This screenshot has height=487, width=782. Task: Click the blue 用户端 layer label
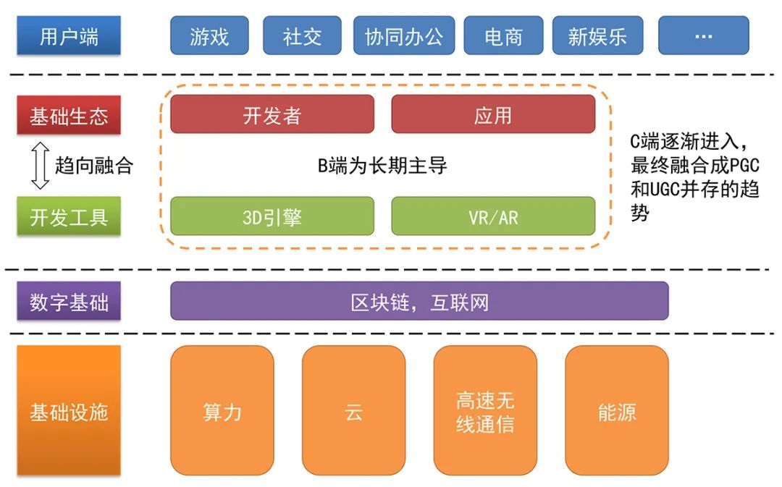coord(69,36)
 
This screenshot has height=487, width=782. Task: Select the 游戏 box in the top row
coord(209,36)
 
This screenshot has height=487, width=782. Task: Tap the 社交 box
coord(302,36)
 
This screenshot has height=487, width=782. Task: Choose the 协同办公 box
coord(403,36)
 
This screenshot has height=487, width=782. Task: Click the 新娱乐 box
coord(597,36)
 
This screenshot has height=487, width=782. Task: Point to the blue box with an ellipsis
coord(703,36)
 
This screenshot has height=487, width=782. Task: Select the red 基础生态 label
coord(69,116)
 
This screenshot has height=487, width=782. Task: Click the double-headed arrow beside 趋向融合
coord(41,166)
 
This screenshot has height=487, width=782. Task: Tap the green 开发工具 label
coord(69,216)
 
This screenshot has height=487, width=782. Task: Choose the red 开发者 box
coord(272,114)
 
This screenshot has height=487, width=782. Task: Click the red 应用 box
coord(493,114)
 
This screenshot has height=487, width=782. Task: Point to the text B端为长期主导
coord(383,166)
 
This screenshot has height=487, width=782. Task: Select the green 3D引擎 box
coord(272,216)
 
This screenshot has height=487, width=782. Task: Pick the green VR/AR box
coord(493,216)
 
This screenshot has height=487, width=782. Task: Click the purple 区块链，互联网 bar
coord(419,301)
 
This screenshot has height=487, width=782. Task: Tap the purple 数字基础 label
coord(69,301)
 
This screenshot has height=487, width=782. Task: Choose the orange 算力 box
coord(222,410)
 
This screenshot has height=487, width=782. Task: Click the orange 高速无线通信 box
coord(485,410)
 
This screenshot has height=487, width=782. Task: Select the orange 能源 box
coord(617,410)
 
